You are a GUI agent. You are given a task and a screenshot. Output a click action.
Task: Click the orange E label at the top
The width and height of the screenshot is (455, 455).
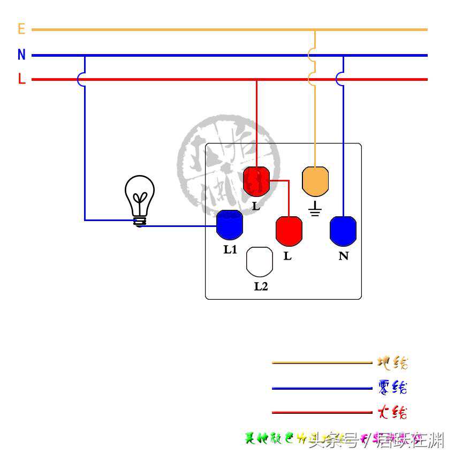coord(21,29)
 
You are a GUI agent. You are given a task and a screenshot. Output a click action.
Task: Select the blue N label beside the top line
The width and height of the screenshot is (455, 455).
coord(21,55)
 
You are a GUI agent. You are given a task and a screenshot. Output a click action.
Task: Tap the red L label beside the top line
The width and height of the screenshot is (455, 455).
coord(21,79)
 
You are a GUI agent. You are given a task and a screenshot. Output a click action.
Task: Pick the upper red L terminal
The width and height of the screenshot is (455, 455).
coord(256,181)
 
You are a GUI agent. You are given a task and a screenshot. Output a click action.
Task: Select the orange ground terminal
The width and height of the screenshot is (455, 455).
coord(315,181)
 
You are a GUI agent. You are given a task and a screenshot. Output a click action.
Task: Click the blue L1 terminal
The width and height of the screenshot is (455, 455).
coord(230,225)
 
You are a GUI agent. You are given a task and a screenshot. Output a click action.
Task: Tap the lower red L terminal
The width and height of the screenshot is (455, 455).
coord(289,231)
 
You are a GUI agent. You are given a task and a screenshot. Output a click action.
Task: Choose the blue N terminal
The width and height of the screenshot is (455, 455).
coord(343,231)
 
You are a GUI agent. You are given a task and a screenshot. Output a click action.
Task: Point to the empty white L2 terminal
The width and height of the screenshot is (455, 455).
coord(260,261)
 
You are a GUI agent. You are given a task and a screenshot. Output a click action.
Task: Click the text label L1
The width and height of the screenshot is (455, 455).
coord(230,249)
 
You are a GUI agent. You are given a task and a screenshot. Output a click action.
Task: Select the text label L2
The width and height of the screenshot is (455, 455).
coord(261,286)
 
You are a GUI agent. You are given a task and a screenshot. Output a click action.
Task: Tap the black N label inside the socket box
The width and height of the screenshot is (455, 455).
coord(344,256)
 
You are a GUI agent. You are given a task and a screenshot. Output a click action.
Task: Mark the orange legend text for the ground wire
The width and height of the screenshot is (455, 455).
coord(392,363)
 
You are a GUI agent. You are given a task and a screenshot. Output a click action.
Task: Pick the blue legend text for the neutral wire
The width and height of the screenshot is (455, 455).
coord(392,388)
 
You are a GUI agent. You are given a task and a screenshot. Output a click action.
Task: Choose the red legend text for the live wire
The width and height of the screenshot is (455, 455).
coord(392,412)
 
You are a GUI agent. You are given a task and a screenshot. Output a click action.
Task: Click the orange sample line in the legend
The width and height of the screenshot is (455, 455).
coord(321,363)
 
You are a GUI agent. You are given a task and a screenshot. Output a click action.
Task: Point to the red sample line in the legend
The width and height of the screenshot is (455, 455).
coord(321,412)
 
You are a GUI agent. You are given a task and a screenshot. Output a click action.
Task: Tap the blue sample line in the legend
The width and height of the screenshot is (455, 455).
coord(321,388)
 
